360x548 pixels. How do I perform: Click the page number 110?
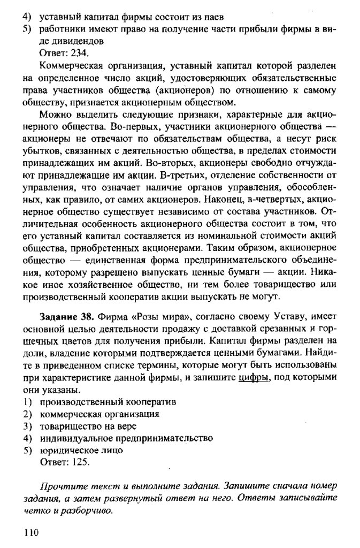click(32, 532)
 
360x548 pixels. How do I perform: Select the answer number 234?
click(79, 53)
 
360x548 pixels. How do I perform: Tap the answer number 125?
click(79, 462)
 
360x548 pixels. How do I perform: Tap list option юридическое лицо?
click(81, 450)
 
